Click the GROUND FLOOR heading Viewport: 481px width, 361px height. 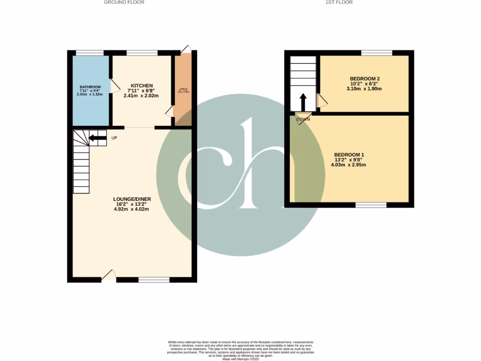click(124, 2)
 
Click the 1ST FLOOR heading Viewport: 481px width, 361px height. click(339, 2)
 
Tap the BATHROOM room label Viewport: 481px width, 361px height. click(90, 87)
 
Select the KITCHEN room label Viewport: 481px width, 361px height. click(141, 86)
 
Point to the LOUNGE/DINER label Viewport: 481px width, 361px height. click(132, 199)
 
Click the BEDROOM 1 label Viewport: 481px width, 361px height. click(349, 155)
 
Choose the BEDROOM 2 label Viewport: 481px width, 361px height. click(365, 78)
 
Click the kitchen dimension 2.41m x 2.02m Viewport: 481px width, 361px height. click(141, 96)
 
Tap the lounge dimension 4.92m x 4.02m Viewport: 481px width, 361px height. click(132, 210)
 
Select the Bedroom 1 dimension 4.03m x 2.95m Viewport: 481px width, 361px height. click(349, 165)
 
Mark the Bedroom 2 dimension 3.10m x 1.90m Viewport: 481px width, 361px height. click(364, 88)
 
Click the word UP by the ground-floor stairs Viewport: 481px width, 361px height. click(114, 138)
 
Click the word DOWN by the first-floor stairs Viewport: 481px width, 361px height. click(303, 119)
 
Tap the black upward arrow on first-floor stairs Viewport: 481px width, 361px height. click(303, 101)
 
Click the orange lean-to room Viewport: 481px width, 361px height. click(183, 89)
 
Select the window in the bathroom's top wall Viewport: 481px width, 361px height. click(90, 53)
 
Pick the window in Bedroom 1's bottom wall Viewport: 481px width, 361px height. click(371, 204)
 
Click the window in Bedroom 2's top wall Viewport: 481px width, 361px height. click(376, 53)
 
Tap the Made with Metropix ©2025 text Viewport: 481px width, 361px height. click(240, 359)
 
